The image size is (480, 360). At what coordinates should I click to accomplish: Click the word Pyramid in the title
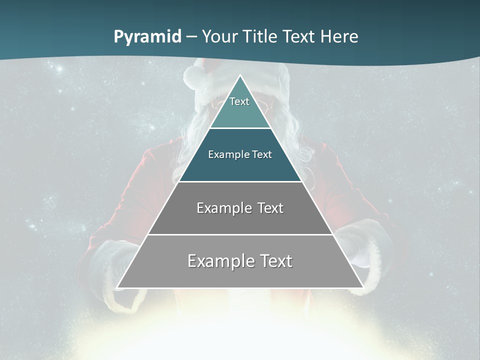click(x=147, y=37)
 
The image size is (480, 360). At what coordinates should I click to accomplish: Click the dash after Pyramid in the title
click(x=191, y=37)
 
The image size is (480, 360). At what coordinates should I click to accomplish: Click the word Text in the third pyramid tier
click(x=270, y=208)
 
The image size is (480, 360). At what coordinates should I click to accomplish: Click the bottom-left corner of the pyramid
click(x=118, y=287)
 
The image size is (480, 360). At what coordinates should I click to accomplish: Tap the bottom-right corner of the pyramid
click(x=363, y=287)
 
